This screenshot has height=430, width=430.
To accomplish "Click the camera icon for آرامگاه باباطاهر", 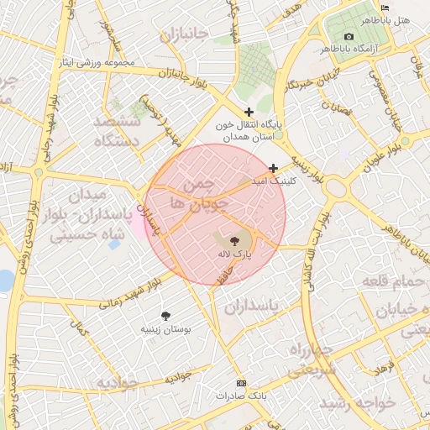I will pyautogui.click(x=349, y=36).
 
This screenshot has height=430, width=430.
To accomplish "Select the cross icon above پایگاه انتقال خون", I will pyautogui.click(x=249, y=112).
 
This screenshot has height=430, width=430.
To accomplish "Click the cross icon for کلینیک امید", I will pyautogui.click(x=273, y=168).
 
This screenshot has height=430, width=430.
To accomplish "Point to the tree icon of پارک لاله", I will pyautogui.click(x=233, y=240).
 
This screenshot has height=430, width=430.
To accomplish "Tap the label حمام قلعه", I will pyautogui.click(x=393, y=281).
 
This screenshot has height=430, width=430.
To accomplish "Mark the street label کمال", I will pyautogui.click(x=81, y=330).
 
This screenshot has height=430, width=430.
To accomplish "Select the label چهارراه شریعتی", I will pyautogui.click(x=312, y=358).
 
